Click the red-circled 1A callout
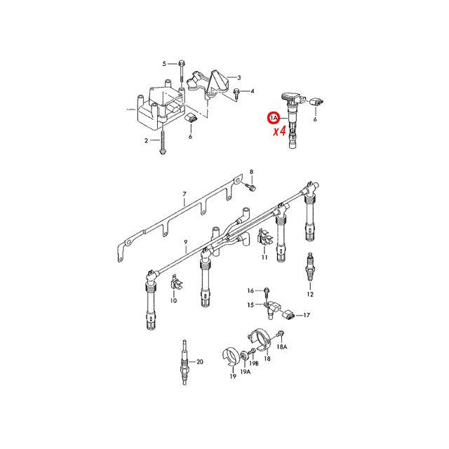coord(273,118)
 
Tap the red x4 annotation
coord(279,131)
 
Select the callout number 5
coord(164,64)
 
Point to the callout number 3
coord(239,78)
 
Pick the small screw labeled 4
coord(236,94)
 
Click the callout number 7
coord(185,194)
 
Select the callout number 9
coord(185,243)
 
